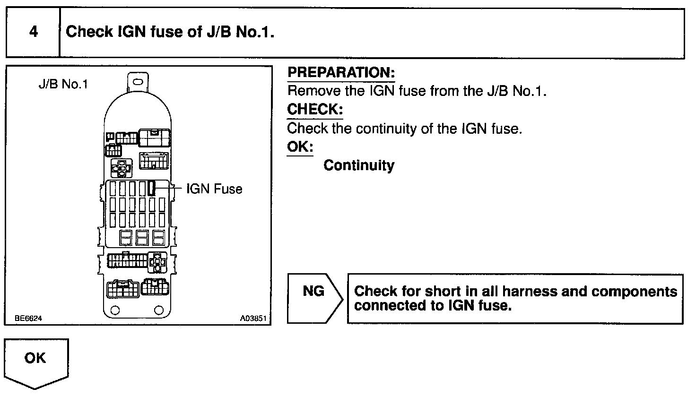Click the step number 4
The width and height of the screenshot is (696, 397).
(34, 32)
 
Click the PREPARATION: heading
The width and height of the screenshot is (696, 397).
(340, 72)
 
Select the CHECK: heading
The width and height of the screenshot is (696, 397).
(315, 109)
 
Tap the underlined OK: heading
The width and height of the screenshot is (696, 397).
(300, 146)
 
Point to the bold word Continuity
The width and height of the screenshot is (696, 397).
(359, 165)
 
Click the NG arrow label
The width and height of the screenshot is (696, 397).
(313, 291)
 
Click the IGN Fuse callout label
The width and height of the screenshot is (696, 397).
(214, 189)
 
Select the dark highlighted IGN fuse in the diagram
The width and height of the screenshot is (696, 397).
(152, 188)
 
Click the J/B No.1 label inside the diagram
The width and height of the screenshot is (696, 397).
(63, 85)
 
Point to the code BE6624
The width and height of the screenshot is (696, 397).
(28, 318)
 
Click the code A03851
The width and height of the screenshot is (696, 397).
(253, 318)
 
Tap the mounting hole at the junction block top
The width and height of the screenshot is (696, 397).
(138, 82)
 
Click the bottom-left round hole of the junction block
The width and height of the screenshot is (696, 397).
(114, 311)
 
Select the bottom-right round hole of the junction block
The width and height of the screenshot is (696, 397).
(159, 311)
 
